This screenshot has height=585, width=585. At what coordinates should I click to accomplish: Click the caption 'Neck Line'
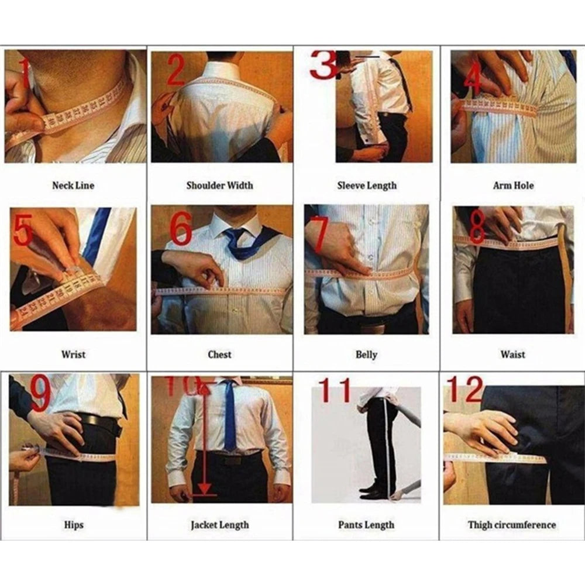[73, 185]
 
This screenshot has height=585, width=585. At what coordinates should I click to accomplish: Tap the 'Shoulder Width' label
[219, 185]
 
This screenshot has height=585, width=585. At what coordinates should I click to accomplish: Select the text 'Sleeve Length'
[366, 185]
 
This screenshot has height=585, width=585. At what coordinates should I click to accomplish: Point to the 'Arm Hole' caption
[513, 185]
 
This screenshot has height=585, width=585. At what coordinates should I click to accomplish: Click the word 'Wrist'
[73, 355]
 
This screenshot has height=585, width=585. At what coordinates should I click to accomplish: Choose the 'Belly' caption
[366, 355]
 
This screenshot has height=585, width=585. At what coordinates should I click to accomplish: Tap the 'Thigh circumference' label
[512, 525]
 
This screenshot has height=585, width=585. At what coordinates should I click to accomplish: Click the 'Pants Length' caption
[366, 525]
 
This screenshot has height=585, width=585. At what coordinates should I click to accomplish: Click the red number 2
[176, 72]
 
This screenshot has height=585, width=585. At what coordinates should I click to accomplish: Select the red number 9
[39, 395]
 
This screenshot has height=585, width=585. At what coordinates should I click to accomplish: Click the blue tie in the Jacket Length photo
[230, 415]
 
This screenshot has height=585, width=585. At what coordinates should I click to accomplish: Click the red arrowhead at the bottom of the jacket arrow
[204, 489]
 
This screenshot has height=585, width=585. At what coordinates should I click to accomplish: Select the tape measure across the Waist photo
[509, 242]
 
